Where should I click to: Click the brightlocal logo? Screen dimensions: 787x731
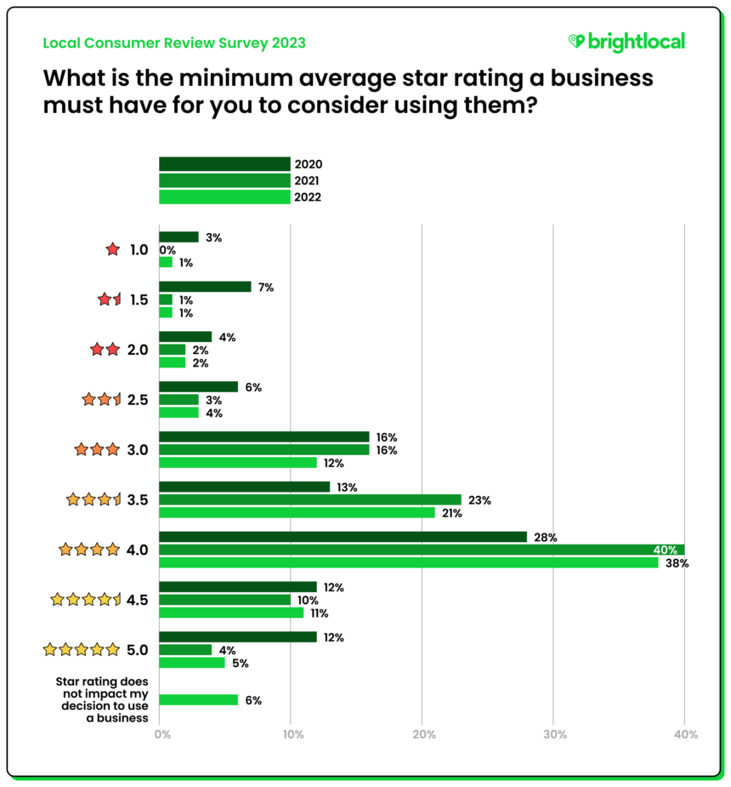point(626,42)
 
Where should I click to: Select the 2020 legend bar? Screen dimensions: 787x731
point(224,164)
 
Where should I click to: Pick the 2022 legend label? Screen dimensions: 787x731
point(309,197)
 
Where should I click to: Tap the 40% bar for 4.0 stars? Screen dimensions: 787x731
point(422,550)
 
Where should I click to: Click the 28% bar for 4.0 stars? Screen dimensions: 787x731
point(343,536)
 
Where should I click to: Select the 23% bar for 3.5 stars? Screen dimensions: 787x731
point(310,500)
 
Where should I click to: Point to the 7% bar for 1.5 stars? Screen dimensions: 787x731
point(205,287)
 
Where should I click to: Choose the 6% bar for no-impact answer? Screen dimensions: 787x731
point(199,700)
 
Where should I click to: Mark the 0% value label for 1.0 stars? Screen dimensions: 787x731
point(168,250)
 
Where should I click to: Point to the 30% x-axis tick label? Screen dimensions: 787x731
point(553,734)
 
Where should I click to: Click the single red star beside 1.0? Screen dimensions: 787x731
point(112,250)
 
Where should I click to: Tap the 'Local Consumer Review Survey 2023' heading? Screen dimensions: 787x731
point(173,43)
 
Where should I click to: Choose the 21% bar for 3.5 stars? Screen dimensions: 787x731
point(297,513)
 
